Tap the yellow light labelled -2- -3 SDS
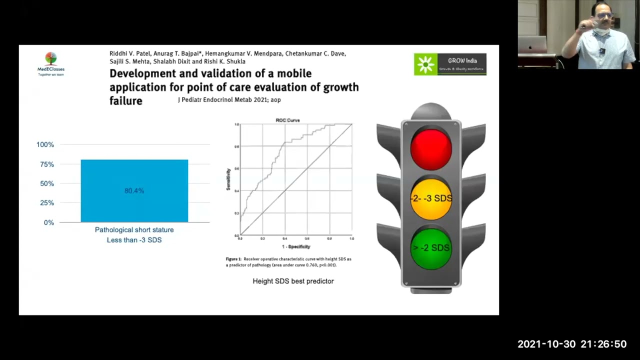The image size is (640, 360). pos(431,198)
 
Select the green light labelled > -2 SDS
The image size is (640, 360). pos(431,248)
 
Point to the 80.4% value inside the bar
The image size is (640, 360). pos(134,190)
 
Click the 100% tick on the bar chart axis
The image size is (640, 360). pos(45,144)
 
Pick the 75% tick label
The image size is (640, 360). pos(46,164)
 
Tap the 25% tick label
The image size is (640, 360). pos(46,203)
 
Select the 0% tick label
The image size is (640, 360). pos(48,222)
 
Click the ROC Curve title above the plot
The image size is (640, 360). pos(287,120)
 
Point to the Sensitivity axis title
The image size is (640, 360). pos(228,179)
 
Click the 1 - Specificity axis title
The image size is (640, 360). pos(296,246)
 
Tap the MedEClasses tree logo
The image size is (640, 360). pos(50,60)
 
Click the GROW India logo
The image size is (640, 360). pos(450,64)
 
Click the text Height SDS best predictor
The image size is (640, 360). pos(293,281)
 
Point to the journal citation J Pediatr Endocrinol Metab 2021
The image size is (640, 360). pos(229,100)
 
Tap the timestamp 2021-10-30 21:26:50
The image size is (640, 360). pos(571,344)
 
